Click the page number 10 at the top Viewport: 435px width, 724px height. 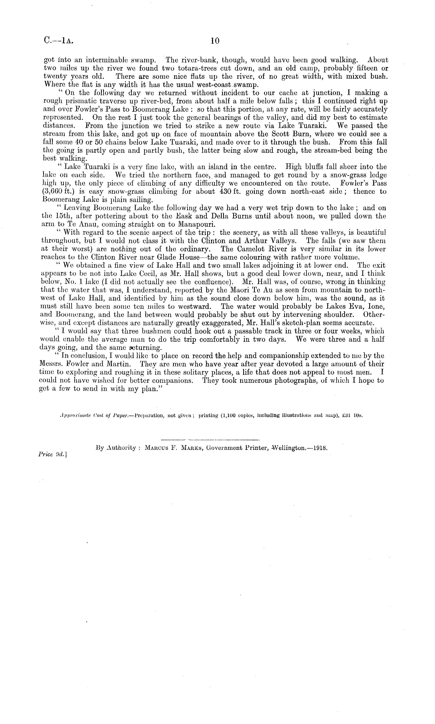[x=215, y=41]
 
